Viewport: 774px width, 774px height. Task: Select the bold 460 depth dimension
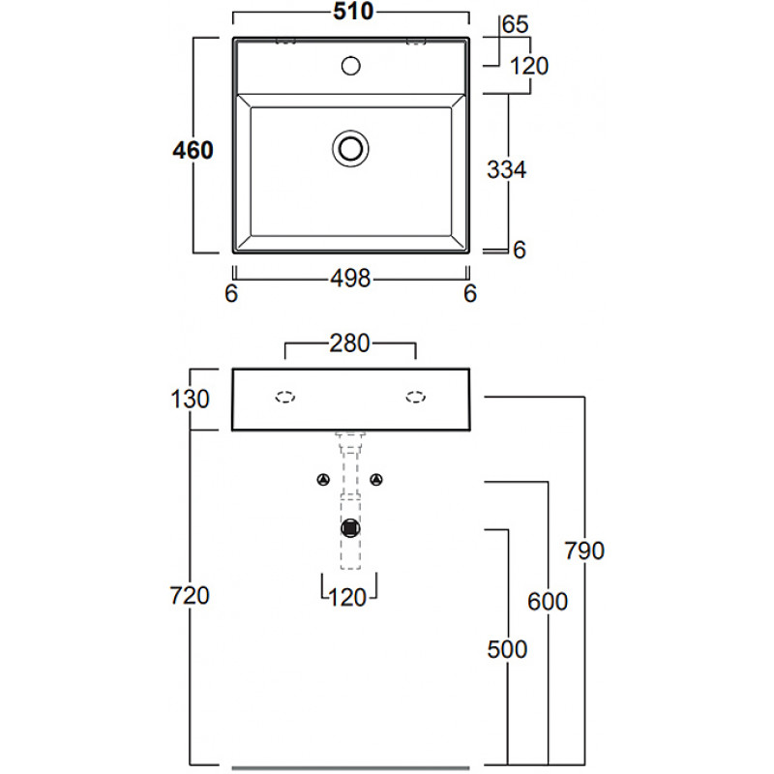[193, 150]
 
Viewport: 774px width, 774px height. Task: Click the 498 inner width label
[351, 279]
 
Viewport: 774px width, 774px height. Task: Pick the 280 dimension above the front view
[350, 343]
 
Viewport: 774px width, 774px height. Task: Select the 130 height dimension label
[190, 398]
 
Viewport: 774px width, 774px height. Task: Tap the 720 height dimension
[190, 596]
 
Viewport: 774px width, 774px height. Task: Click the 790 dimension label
[585, 551]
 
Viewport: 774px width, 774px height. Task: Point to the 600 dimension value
[548, 600]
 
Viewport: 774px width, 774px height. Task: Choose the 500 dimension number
[508, 648]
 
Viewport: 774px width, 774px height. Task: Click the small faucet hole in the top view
[351, 67]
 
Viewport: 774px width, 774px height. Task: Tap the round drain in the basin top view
[350, 148]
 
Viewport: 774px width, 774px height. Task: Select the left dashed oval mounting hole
[285, 396]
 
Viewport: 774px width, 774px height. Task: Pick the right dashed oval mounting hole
[416, 396]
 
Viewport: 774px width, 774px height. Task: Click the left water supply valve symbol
[323, 479]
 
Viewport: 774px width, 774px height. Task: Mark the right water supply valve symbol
[378, 479]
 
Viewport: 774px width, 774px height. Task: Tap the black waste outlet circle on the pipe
[350, 528]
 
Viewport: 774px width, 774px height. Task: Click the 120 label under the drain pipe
[348, 597]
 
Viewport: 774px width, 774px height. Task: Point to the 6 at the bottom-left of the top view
[231, 294]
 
